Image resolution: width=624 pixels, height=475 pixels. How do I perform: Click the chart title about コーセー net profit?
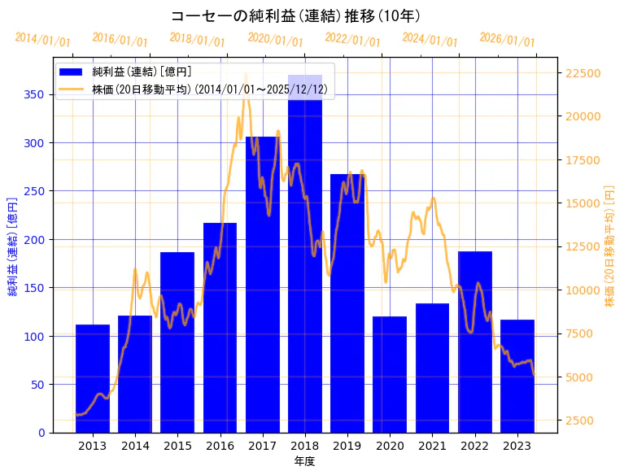tap(295, 16)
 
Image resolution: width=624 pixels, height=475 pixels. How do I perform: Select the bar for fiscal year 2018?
tap(305, 253)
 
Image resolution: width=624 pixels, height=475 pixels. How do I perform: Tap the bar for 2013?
tap(93, 378)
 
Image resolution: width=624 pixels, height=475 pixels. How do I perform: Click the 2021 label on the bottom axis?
tap(432, 446)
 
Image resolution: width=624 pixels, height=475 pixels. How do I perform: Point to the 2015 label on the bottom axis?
tap(177, 446)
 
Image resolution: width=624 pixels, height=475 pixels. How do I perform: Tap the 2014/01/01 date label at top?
tap(43, 40)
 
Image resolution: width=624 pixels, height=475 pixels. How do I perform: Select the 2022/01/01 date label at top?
tap(353, 39)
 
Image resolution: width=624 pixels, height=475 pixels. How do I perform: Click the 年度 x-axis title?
tap(304, 461)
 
